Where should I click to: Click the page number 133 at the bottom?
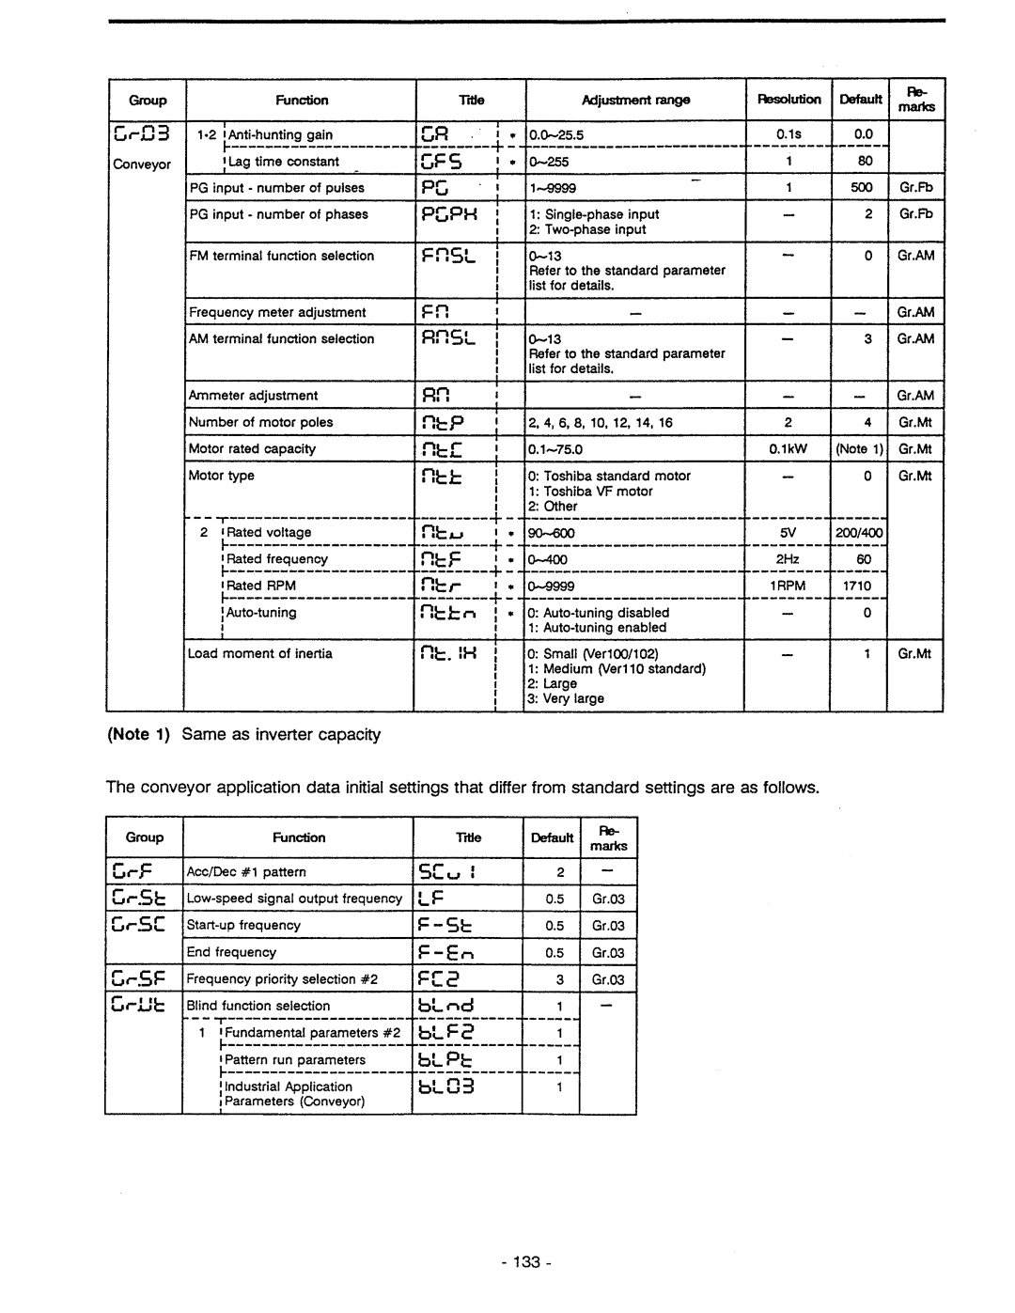click(x=526, y=1262)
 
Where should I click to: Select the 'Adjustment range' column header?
click(x=635, y=100)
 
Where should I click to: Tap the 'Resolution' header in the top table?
click(x=789, y=100)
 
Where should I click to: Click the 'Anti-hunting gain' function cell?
click(x=280, y=134)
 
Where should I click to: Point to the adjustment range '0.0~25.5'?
click(x=556, y=135)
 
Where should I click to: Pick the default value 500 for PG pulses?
click(x=861, y=187)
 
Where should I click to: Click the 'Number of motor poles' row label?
click(x=260, y=422)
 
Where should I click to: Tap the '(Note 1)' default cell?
click(x=859, y=449)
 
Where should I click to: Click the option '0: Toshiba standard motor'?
click(x=609, y=476)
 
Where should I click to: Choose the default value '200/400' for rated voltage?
click(x=859, y=533)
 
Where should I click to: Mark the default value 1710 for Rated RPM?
click(x=857, y=586)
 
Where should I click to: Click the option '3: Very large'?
click(x=566, y=698)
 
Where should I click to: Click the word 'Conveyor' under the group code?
click(x=142, y=164)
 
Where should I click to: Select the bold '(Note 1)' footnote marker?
click(x=139, y=734)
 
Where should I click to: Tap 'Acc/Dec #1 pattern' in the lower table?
click(x=246, y=872)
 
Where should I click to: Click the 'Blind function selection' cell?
click(x=258, y=1006)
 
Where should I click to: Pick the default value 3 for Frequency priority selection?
click(x=560, y=979)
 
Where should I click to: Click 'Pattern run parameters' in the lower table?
click(x=295, y=1059)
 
